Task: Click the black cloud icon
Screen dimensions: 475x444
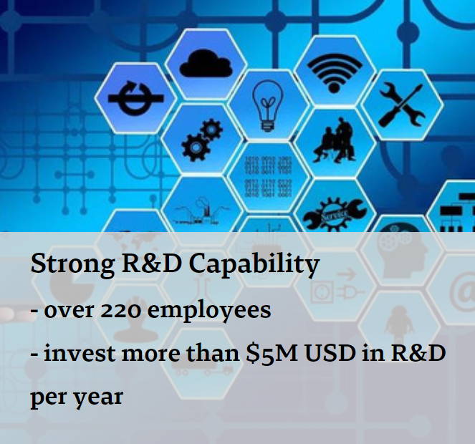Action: [x=206, y=64]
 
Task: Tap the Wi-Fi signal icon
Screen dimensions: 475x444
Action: [x=334, y=73]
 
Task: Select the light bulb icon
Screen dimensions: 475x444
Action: [x=267, y=106]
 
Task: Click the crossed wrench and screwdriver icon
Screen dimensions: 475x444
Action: [x=402, y=105]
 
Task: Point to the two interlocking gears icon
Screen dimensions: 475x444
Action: [x=202, y=140]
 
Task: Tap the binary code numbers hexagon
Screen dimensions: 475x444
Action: [x=268, y=177]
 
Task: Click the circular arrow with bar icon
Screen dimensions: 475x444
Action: [x=135, y=98]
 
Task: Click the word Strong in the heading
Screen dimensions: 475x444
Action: [x=72, y=264]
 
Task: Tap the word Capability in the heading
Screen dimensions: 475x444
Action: [x=254, y=264]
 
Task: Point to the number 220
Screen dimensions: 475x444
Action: [x=120, y=311]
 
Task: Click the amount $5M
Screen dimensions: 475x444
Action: [x=272, y=354]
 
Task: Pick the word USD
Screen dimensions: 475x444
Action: [x=330, y=353]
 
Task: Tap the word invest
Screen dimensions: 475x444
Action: [x=80, y=353]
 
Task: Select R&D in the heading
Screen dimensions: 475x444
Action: [x=151, y=264]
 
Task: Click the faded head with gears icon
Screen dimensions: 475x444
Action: [x=402, y=254]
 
